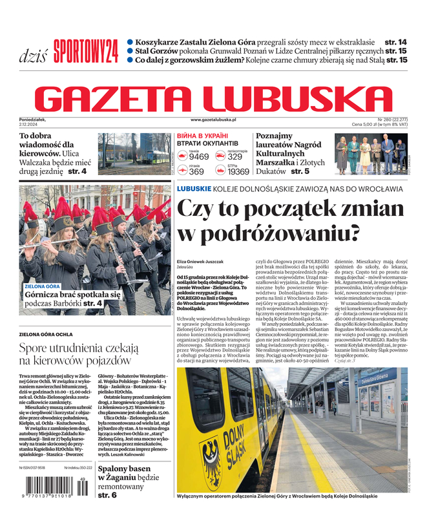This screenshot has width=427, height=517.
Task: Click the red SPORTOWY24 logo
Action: (86, 50)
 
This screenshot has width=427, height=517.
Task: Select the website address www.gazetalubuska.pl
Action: (213, 120)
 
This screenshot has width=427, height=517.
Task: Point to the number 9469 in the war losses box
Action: (199, 156)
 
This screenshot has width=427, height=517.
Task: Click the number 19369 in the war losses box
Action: (238, 171)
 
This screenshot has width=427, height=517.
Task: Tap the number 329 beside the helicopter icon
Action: (235, 156)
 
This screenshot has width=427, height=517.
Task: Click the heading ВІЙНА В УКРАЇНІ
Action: (197, 136)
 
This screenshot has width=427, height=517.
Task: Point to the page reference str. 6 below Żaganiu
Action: (107, 495)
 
